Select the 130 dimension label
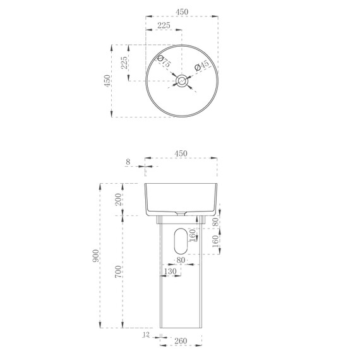tap(170, 271)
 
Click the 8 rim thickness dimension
tap(128, 162)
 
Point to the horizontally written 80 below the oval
tap(181, 260)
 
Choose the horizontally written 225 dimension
tap(164, 25)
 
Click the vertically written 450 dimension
tap(107, 80)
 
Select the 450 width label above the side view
tap(181, 153)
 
